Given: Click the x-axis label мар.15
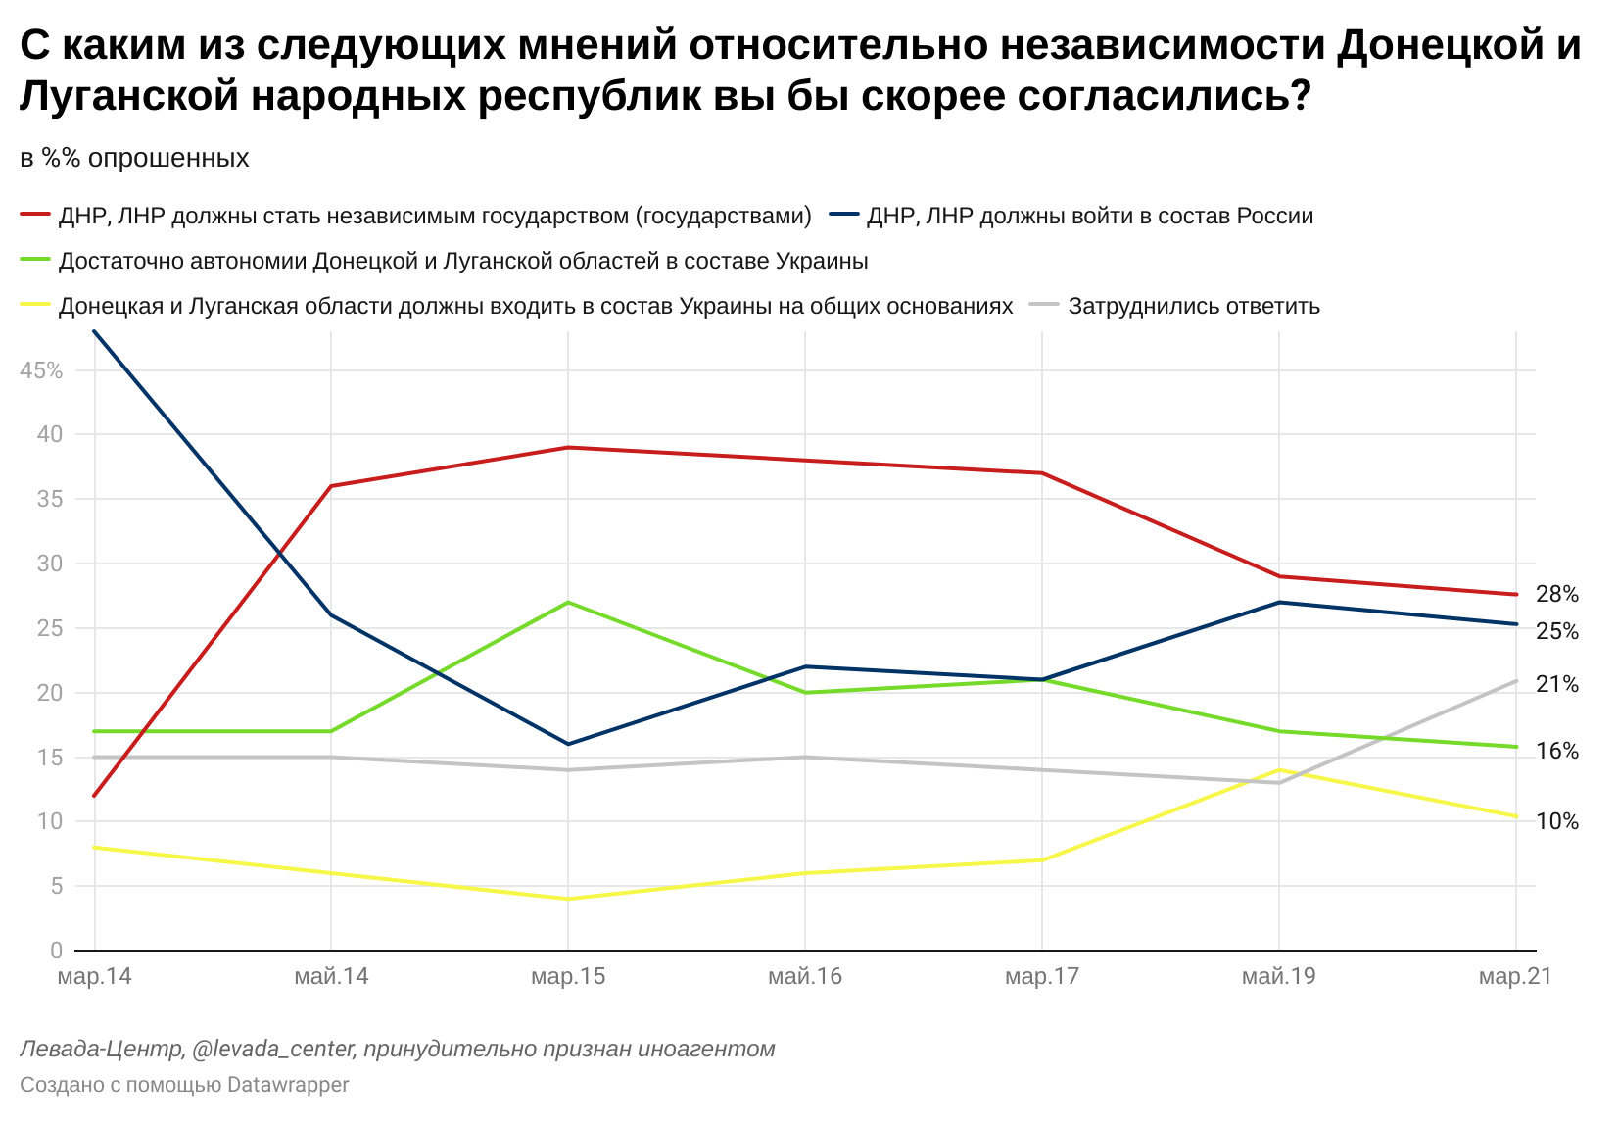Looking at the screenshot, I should coord(568,977).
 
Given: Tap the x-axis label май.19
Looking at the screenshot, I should coord(1278,977).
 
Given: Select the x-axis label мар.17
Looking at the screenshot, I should coord(1041,977).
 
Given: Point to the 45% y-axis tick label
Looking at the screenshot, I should coord(41,370).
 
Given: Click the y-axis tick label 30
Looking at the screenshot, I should coord(49,563).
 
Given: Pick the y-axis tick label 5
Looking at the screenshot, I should coord(55,886).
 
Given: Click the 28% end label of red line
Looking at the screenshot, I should coord(1556,594).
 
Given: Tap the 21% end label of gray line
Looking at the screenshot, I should coord(1556,684).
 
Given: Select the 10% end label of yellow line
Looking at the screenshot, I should coord(1556,821).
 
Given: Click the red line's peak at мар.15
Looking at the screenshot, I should coord(568,448).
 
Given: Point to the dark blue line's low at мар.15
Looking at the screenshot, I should coord(568,744).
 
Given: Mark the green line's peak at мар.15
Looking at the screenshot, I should coord(568,602).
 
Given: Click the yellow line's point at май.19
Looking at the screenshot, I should coord(1278,770).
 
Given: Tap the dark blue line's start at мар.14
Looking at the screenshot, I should coord(94,331).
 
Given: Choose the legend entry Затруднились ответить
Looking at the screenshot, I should coord(1193,306).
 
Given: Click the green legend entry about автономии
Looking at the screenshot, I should coord(463,261).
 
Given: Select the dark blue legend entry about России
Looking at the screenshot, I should coord(1089,216).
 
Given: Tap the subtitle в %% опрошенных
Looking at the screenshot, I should coord(135,158).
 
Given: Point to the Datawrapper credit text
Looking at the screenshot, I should coord(184,1085).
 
